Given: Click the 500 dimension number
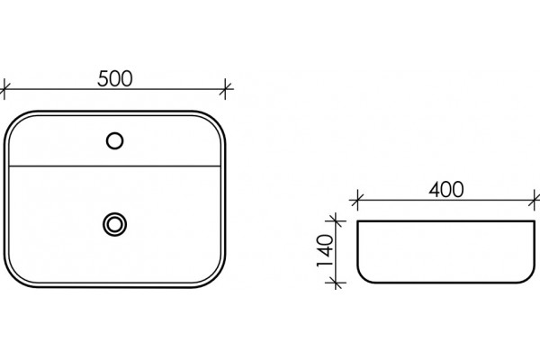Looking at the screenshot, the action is coord(114,78).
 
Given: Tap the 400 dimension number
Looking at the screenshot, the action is coord(446,190).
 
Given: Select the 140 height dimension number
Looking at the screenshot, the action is coord(325,250).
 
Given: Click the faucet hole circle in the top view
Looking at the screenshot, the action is coord(114,141).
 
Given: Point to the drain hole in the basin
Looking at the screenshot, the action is coord(114,224).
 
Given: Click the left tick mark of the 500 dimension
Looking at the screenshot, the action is coord(4,89).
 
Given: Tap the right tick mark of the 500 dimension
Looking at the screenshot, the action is coord(225,89).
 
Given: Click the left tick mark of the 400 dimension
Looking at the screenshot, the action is coord(357,200).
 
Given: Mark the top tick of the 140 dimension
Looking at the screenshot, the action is coord(336,220).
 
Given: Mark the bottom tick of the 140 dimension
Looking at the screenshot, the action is coord(336,283).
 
